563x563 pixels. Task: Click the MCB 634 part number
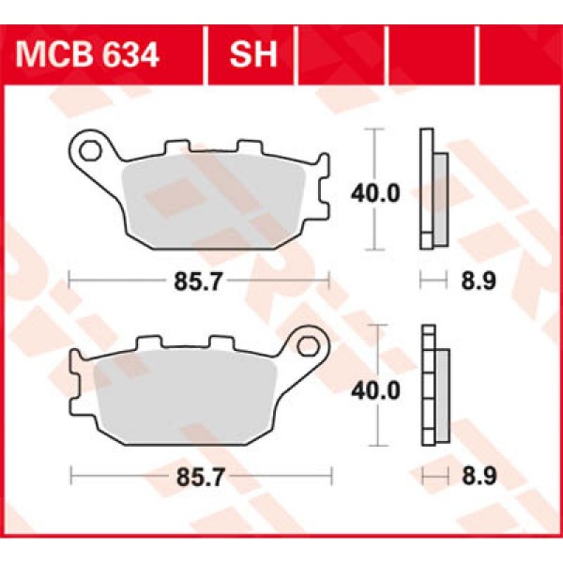coord(86,54)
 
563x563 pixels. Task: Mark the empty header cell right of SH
coord(340,54)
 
